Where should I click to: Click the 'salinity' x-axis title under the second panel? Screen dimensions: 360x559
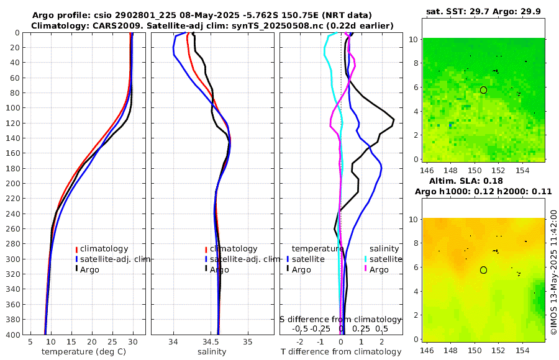(x=212, y=352)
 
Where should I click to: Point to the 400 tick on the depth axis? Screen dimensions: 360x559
(x=13, y=334)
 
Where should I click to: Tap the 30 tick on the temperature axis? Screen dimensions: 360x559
(x=132, y=341)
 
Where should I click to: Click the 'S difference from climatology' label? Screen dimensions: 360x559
(x=340, y=318)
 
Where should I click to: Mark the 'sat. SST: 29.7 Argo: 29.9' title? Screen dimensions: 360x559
(x=483, y=12)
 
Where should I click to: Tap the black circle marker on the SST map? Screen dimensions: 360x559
(x=483, y=90)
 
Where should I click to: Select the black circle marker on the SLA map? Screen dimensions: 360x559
(x=483, y=270)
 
